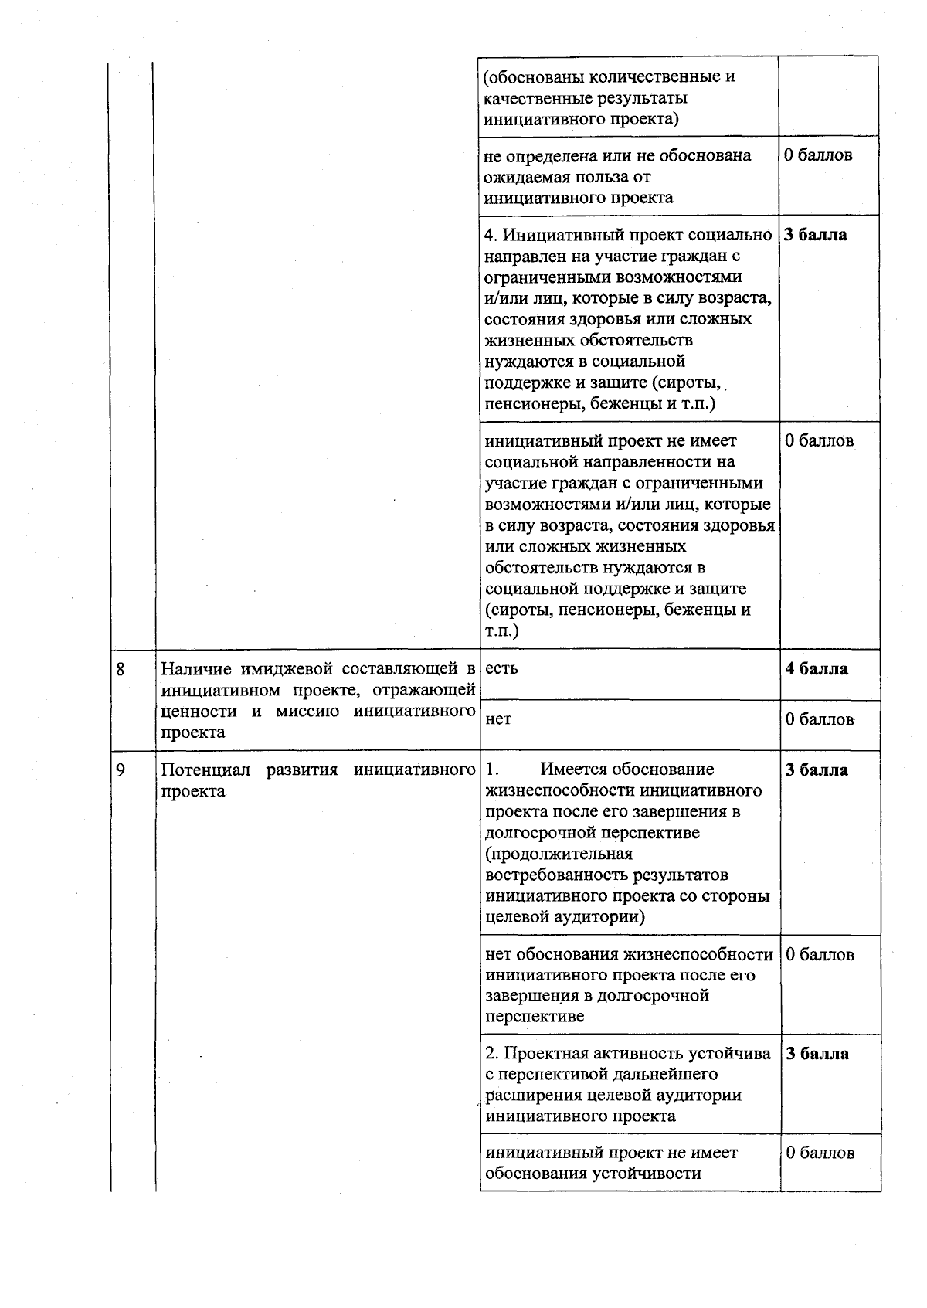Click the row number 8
point(121,669)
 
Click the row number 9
point(121,770)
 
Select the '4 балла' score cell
point(817,669)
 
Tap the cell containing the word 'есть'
point(502,669)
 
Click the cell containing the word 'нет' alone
point(498,719)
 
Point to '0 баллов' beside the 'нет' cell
point(820,719)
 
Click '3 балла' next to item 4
point(816,235)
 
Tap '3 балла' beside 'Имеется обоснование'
point(817,770)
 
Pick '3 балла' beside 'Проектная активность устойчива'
point(817,1054)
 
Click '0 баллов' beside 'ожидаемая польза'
point(818,155)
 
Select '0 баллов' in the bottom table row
point(820,1153)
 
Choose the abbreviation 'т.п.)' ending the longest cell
point(502,631)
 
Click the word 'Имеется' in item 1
point(572,770)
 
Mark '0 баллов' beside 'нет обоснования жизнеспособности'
point(820,954)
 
